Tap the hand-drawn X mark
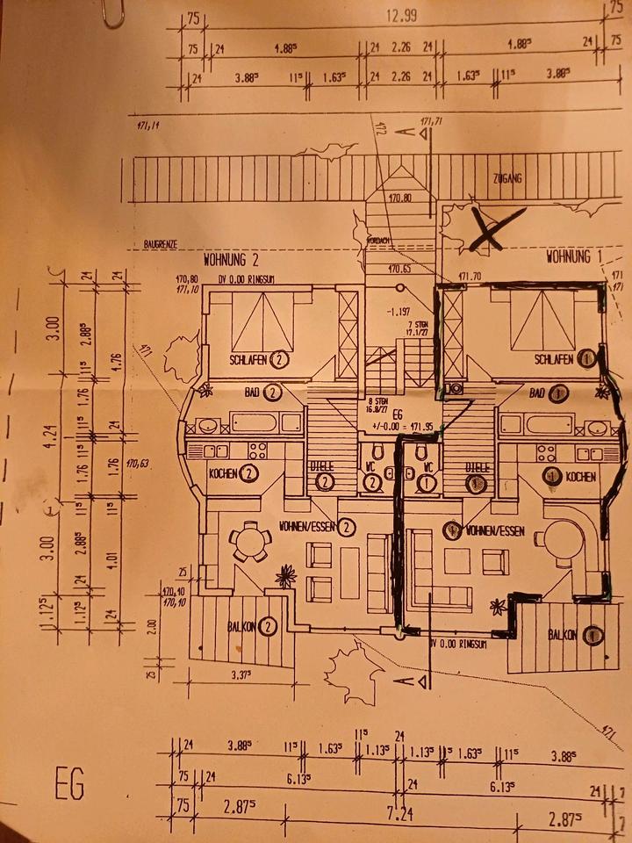pyautogui.click(x=495, y=229)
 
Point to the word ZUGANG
pyautogui.click(x=507, y=178)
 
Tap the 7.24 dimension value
pyautogui.click(x=399, y=814)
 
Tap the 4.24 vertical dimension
pyautogui.click(x=54, y=436)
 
